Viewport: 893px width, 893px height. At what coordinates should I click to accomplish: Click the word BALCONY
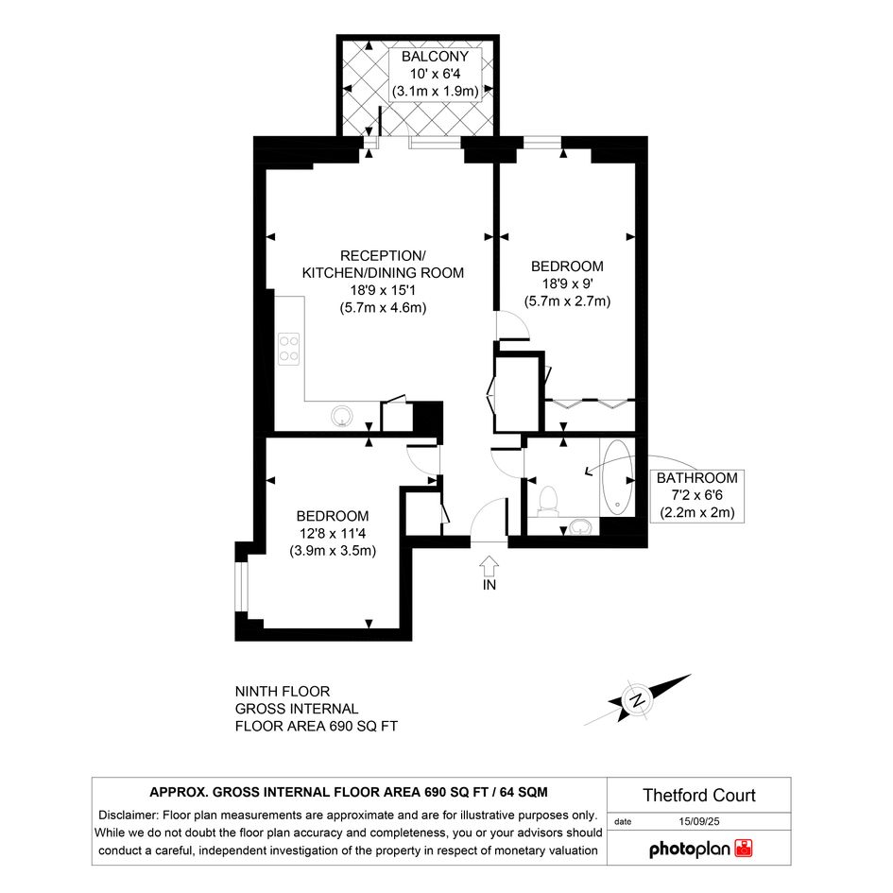pyautogui.click(x=435, y=57)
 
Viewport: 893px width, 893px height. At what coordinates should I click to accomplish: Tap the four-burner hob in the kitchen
pyautogui.click(x=289, y=349)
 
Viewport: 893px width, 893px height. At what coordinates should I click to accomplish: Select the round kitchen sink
pyautogui.click(x=342, y=416)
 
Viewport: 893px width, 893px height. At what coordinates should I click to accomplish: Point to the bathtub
pyautogui.click(x=617, y=476)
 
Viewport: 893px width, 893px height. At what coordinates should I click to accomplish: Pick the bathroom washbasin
pyautogui.click(x=580, y=526)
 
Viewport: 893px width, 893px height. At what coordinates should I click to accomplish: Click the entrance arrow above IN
pyautogui.click(x=489, y=566)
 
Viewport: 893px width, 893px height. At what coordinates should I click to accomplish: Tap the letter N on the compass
pyautogui.click(x=638, y=700)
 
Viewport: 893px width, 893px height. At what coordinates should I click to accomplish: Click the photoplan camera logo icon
pyautogui.click(x=744, y=848)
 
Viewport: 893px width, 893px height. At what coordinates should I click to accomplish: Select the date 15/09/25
pyautogui.click(x=698, y=821)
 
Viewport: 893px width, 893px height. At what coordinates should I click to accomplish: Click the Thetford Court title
pyautogui.click(x=698, y=795)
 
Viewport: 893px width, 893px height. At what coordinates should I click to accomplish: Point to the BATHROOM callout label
pyautogui.click(x=697, y=495)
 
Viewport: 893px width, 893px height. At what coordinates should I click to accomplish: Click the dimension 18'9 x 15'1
pyautogui.click(x=383, y=290)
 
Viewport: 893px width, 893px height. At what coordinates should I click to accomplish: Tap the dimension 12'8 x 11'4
pyautogui.click(x=333, y=534)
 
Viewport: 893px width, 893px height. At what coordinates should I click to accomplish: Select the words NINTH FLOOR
pyautogui.click(x=283, y=692)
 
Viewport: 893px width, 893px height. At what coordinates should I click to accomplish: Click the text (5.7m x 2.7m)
pyautogui.click(x=567, y=301)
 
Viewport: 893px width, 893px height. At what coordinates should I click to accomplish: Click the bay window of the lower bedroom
pyautogui.click(x=242, y=587)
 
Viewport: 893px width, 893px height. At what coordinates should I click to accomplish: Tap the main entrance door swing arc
pyautogui.click(x=487, y=515)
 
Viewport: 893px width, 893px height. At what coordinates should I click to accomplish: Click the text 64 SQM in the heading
pyautogui.click(x=524, y=792)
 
